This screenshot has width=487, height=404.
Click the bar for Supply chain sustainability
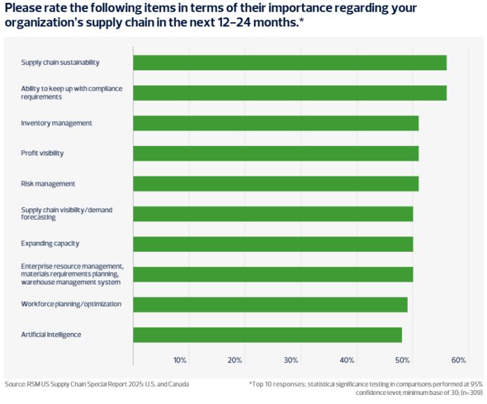point(289,63)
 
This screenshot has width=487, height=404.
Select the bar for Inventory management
point(276,123)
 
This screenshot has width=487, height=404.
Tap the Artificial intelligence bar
point(267,334)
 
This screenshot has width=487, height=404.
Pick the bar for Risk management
point(276,184)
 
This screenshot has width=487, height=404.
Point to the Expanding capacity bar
point(273,244)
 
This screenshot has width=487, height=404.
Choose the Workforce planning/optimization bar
point(270,305)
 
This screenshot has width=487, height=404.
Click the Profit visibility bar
point(276,153)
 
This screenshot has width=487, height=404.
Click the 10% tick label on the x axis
point(179,360)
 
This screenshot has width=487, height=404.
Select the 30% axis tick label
point(291,360)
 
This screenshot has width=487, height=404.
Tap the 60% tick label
point(458,360)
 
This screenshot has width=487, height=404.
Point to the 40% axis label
point(347,360)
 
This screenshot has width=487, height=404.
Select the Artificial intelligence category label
point(51,334)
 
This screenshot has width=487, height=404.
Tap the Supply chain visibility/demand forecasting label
point(67,213)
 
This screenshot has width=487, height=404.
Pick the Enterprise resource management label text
point(72,274)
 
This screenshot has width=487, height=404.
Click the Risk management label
point(48,184)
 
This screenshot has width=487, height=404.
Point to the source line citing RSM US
point(97,384)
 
